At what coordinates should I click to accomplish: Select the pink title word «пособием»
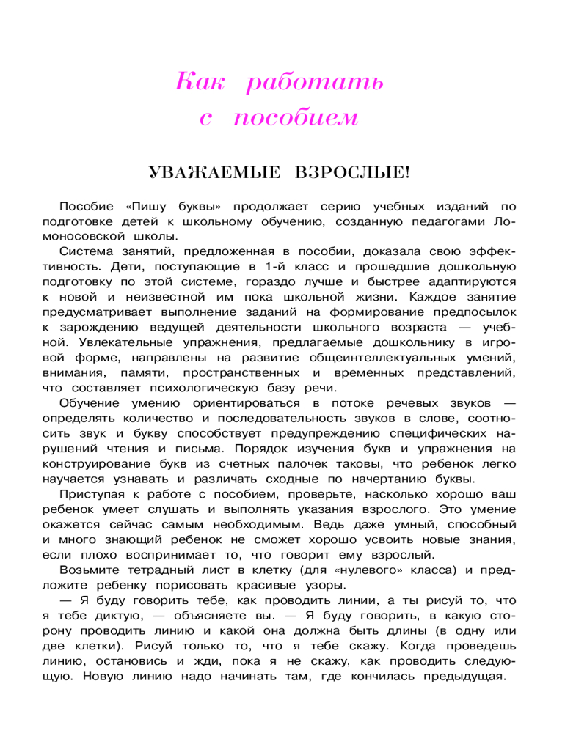[297, 117]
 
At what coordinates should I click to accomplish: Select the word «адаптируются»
[467, 281]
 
